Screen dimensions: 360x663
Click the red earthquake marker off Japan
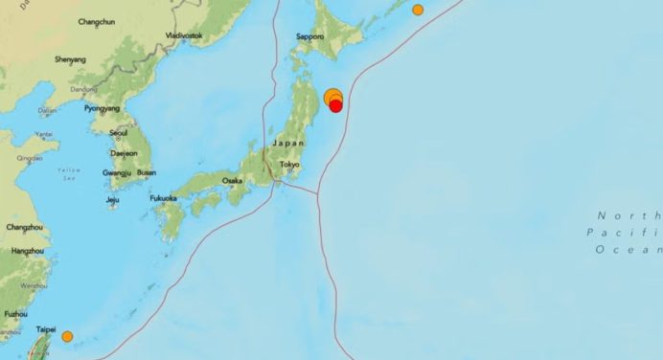[x=336, y=106]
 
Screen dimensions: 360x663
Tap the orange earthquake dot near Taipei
[x=67, y=336]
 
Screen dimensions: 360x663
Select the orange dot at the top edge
[x=418, y=10]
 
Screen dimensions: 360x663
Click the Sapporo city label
[x=309, y=36]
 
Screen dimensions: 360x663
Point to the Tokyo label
[x=289, y=165]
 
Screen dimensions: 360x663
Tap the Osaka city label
[x=232, y=180]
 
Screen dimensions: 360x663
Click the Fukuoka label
[x=163, y=198]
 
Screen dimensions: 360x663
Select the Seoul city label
[x=119, y=132]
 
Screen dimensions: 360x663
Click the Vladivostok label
[x=184, y=35]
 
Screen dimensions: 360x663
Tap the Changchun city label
[x=96, y=20]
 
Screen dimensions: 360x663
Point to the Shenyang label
[x=70, y=59]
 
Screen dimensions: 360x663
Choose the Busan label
[x=147, y=172]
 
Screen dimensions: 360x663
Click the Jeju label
[x=113, y=200]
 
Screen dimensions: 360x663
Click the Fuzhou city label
[x=15, y=313]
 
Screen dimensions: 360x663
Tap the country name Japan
[x=287, y=143]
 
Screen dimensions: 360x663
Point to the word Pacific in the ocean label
[x=624, y=232]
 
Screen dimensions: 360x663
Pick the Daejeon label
[x=125, y=152]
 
